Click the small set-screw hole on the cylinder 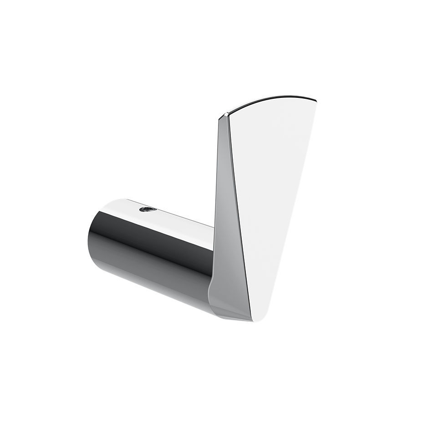pos(147,209)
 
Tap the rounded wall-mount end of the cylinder pos(91,237)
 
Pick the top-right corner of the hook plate pos(315,98)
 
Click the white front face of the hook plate pos(273,191)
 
